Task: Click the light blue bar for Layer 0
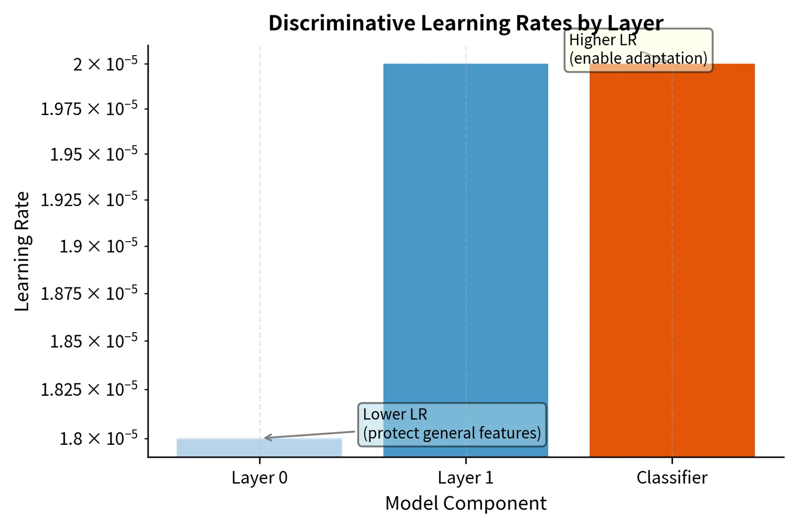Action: [x=259, y=448]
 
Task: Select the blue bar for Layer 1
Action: [x=465, y=249]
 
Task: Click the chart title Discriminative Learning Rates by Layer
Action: [x=465, y=23]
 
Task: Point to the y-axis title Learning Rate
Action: [x=22, y=251]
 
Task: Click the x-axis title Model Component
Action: [x=465, y=503]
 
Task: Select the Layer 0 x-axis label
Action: [x=259, y=478]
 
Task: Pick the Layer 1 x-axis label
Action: [x=465, y=478]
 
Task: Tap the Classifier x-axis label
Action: [x=672, y=478]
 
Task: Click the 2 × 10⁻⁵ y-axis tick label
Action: [x=105, y=64]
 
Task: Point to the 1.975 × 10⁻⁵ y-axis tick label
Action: [x=89, y=109]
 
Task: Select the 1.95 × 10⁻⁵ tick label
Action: [x=93, y=154]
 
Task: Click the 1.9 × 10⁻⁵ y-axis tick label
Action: [x=98, y=246]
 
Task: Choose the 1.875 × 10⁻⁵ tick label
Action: [x=89, y=294]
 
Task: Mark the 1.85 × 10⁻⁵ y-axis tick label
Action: [x=93, y=341]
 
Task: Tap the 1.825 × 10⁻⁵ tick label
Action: [x=89, y=390]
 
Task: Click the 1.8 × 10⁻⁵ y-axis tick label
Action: [x=98, y=439]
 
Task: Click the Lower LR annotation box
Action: [x=452, y=424]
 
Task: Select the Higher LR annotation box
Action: [x=638, y=50]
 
